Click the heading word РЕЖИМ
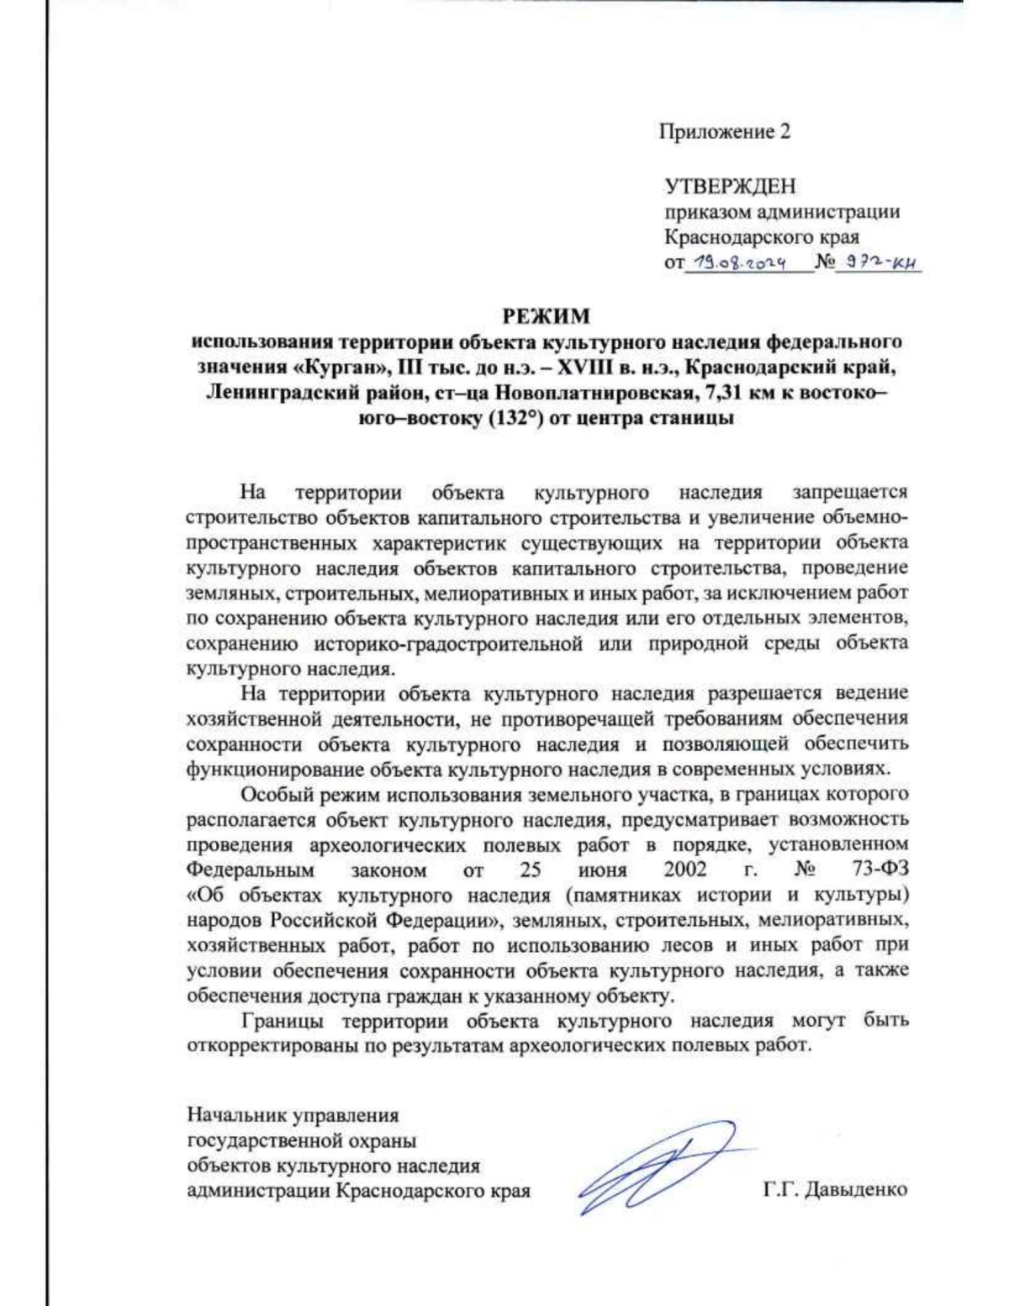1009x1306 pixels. tap(547, 317)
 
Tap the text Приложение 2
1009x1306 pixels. tap(724, 132)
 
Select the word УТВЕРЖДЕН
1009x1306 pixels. tap(730, 185)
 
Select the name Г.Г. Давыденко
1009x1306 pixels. tap(835, 1190)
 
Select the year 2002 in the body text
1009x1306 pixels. tap(685, 869)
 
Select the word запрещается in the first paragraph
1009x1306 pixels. tap(849, 491)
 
